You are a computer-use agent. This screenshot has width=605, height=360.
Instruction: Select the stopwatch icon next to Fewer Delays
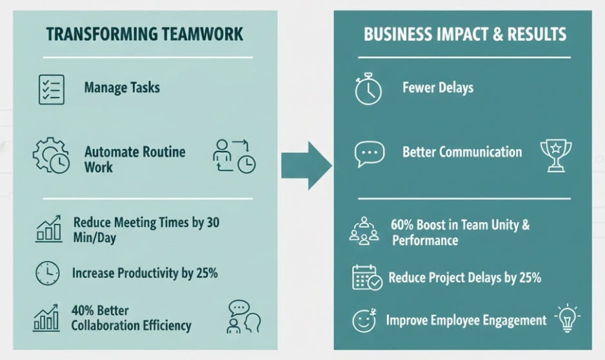pos(368,90)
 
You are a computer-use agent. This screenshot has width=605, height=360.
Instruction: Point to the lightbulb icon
pos(566,318)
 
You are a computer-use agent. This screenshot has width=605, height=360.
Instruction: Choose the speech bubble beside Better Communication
pos(370,154)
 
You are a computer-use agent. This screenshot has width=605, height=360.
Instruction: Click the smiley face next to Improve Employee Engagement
pos(364,321)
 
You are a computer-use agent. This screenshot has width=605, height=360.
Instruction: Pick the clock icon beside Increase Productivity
pos(47,274)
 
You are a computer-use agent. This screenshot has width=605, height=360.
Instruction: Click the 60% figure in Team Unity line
pos(403,226)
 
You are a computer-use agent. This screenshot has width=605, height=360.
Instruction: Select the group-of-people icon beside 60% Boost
pos(364,230)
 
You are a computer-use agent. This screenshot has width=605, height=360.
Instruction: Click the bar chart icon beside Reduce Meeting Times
pos(48,229)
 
